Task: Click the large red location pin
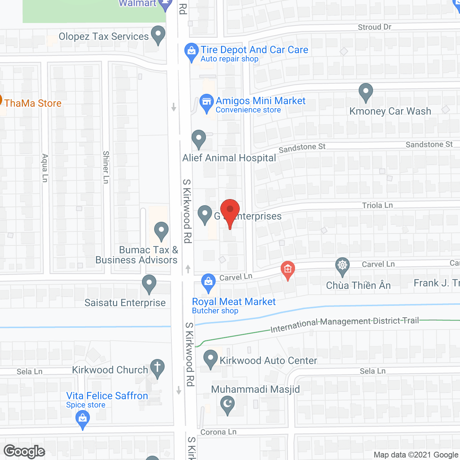(230, 210)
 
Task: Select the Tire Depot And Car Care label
(254, 50)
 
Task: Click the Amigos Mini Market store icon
(207, 102)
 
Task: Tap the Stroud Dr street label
(374, 27)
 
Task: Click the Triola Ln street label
(377, 205)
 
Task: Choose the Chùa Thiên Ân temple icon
(342, 266)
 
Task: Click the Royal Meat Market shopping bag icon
(208, 282)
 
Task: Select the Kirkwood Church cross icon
(157, 368)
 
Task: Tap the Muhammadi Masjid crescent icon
(227, 404)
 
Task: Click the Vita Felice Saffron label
(107, 396)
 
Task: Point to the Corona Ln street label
(218, 432)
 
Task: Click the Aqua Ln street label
(45, 168)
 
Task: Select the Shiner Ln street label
(106, 167)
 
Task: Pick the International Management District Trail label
(345, 324)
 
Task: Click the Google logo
(24, 451)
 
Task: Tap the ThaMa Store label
(33, 103)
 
